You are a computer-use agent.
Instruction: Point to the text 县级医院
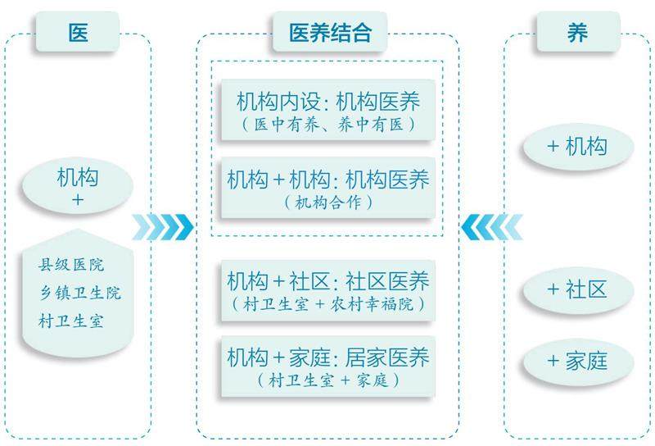73,266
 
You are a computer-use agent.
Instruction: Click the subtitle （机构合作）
327,202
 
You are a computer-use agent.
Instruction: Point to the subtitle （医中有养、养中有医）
327,125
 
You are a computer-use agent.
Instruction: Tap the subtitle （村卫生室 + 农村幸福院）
327,303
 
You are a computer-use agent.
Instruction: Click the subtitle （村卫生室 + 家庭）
327,380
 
